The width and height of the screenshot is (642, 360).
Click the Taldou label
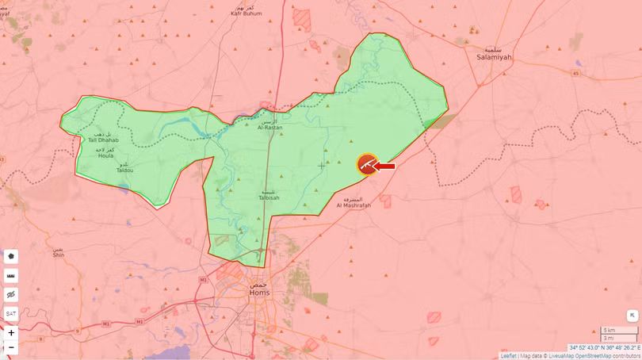coord(125,168)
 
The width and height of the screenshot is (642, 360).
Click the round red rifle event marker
coord(367,164)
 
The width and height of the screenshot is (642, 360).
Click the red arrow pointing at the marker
coord(385,166)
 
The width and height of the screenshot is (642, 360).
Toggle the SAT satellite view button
coord(11,314)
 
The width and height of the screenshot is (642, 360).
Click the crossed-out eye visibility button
coord(11,295)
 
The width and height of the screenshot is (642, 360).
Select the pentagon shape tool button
coord(11,257)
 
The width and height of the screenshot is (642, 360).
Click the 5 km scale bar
coord(618,330)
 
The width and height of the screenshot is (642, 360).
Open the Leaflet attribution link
coord(508,356)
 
